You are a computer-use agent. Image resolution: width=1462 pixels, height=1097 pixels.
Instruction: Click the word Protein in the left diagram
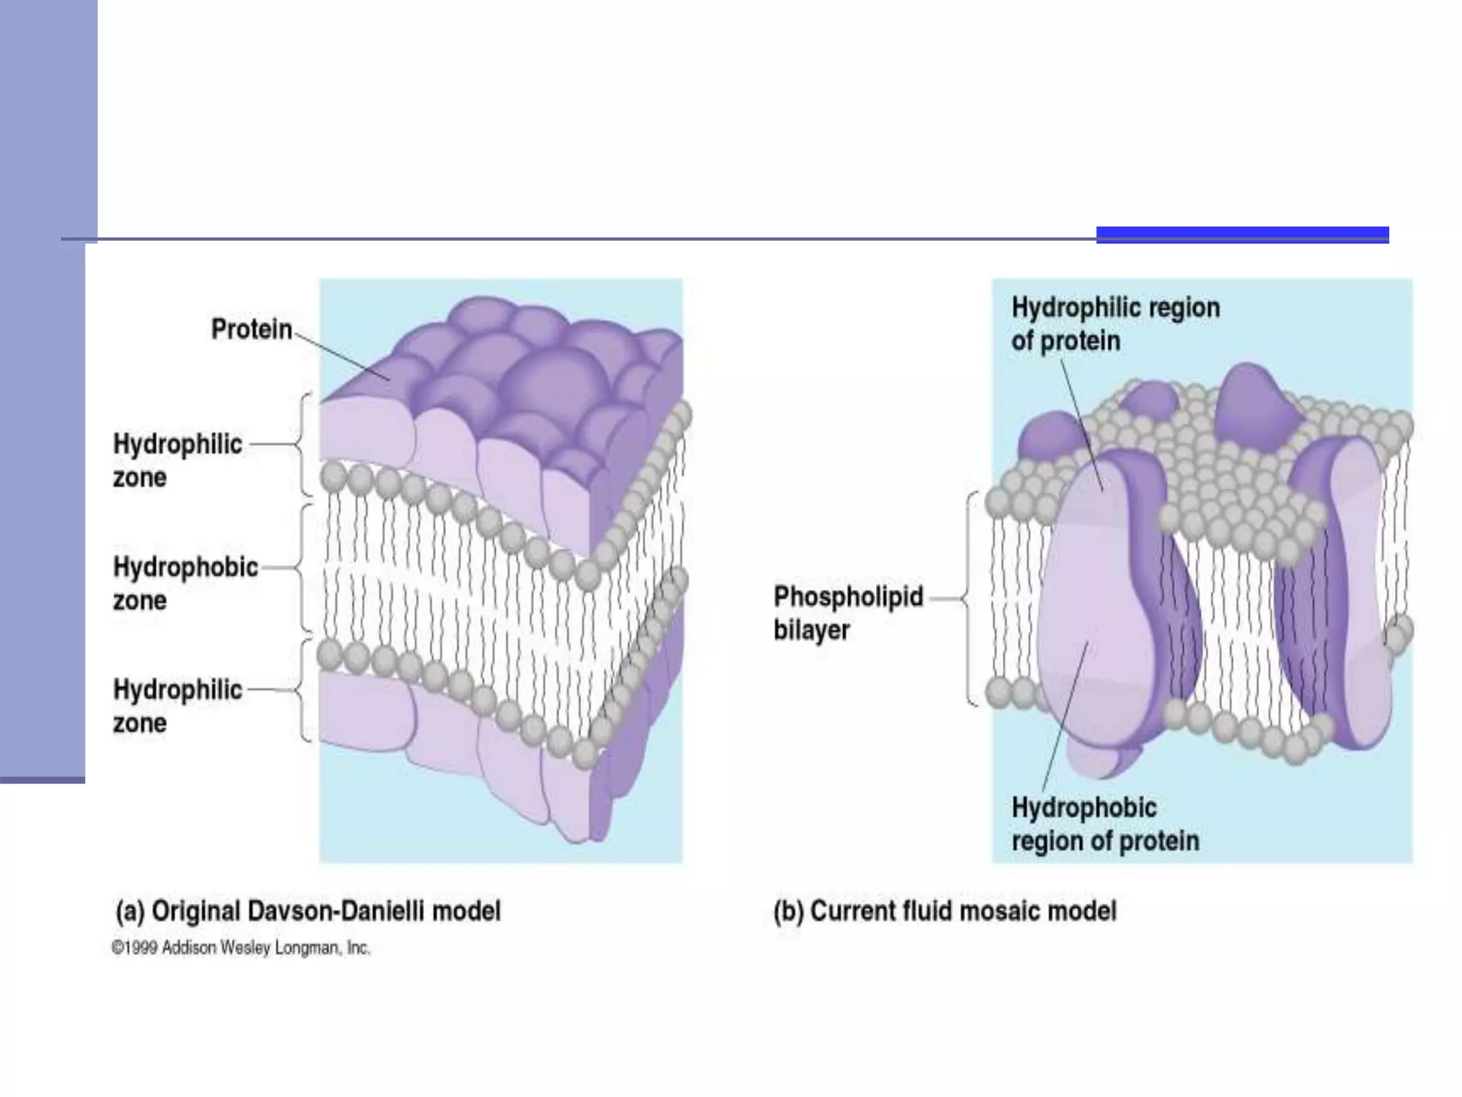pos(251,329)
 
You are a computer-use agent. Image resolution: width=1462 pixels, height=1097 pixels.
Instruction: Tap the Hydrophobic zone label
pos(185,583)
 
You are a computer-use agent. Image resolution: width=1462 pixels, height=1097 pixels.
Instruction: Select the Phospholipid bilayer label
pos(848,613)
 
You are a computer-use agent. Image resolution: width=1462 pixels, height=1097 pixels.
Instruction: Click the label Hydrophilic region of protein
pos(1115,324)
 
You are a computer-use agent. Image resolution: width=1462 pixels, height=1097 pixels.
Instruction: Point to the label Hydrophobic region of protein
pos(1105,824)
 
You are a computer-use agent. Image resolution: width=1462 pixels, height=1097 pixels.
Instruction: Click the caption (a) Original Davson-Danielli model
pos(308,911)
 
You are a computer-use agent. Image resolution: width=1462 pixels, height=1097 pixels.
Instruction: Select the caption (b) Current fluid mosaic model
pos(944,911)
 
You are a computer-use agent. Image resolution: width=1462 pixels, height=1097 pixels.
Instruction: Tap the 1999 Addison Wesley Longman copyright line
pos(241,948)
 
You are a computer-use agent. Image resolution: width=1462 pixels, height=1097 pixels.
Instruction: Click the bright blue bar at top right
pos(1242,235)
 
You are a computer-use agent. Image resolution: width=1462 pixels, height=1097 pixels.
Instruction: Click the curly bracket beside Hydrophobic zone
pos(303,568)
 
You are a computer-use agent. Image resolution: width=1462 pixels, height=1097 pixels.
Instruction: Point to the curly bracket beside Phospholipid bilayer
pos(970,598)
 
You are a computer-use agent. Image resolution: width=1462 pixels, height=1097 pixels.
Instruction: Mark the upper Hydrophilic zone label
pos(177,461)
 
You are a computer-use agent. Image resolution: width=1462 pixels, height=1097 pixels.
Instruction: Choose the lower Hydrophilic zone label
pos(177,706)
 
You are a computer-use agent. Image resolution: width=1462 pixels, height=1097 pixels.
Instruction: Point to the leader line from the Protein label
pos(341,356)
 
